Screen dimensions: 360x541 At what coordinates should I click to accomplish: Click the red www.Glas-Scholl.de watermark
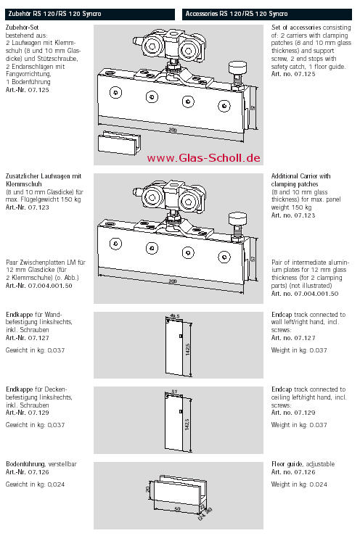(x=203, y=158)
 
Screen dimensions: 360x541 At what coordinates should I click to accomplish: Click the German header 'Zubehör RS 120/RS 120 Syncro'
(x=54, y=14)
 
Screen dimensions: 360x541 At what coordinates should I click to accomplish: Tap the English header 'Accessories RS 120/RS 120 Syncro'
(x=237, y=14)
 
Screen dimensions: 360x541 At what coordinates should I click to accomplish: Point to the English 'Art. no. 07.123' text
(x=293, y=215)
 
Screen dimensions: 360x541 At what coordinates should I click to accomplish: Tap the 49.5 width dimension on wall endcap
(x=175, y=315)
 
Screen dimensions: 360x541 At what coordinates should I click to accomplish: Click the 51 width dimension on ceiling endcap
(x=174, y=392)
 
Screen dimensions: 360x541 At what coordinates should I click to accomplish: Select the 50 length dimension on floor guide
(x=177, y=509)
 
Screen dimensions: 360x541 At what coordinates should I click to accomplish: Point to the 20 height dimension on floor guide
(x=148, y=490)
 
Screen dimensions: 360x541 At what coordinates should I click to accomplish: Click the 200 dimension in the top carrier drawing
(x=173, y=130)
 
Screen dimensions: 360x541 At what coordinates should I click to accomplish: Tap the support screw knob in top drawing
(x=237, y=66)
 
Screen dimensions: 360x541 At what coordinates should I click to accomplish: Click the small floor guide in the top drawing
(x=120, y=143)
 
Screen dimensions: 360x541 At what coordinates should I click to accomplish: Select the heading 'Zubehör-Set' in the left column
(x=22, y=28)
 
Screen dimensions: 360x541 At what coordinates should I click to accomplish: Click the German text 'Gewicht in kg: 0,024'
(x=36, y=484)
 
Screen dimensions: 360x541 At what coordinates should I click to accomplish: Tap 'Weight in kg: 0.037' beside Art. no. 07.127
(x=299, y=350)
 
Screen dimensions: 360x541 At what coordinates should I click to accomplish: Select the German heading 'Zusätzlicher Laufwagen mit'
(x=44, y=176)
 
